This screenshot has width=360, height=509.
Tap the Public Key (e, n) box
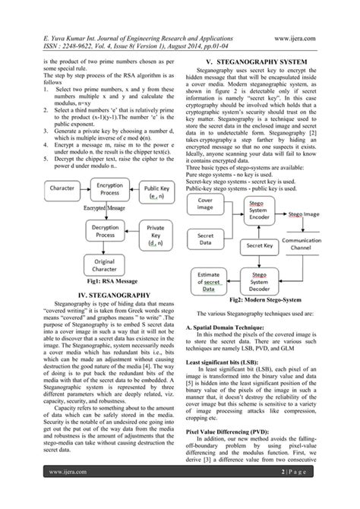point(156,191)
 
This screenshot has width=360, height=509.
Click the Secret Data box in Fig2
point(204,239)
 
